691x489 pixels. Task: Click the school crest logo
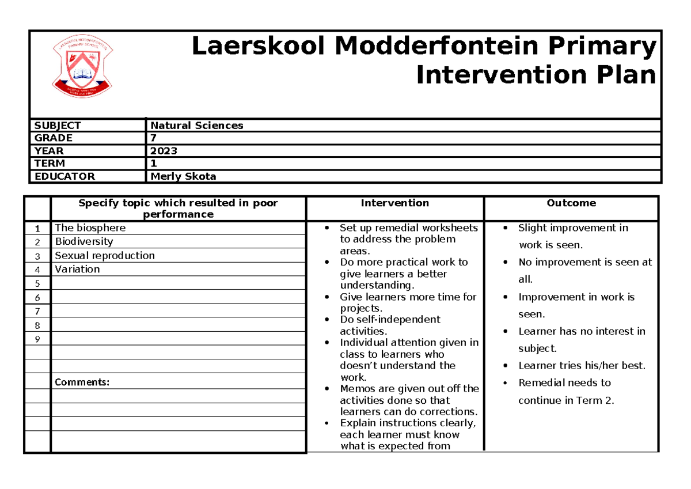click(x=82, y=68)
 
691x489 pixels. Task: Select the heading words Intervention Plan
click(x=536, y=75)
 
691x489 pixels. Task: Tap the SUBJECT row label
click(x=58, y=125)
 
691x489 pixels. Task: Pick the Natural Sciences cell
click(x=196, y=125)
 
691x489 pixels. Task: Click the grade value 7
click(x=153, y=138)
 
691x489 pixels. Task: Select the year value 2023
click(x=164, y=151)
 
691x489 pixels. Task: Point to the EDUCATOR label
click(x=64, y=176)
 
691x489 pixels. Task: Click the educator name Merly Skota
click(x=183, y=176)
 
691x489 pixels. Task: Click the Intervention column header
click(x=394, y=203)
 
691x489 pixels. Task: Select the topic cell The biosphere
click(x=90, y=228)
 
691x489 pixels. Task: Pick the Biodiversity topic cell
click(x=83, y=241)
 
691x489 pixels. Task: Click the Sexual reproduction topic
click(x=104, y=255)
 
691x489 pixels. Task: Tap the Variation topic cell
click(x=77, y=269)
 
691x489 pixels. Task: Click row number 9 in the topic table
click(x=37, y=339)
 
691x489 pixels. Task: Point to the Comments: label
click(x=82, y=382)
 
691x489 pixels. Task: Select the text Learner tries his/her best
click(x=582, y=365)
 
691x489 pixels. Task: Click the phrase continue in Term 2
click(x=565, y=400)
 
